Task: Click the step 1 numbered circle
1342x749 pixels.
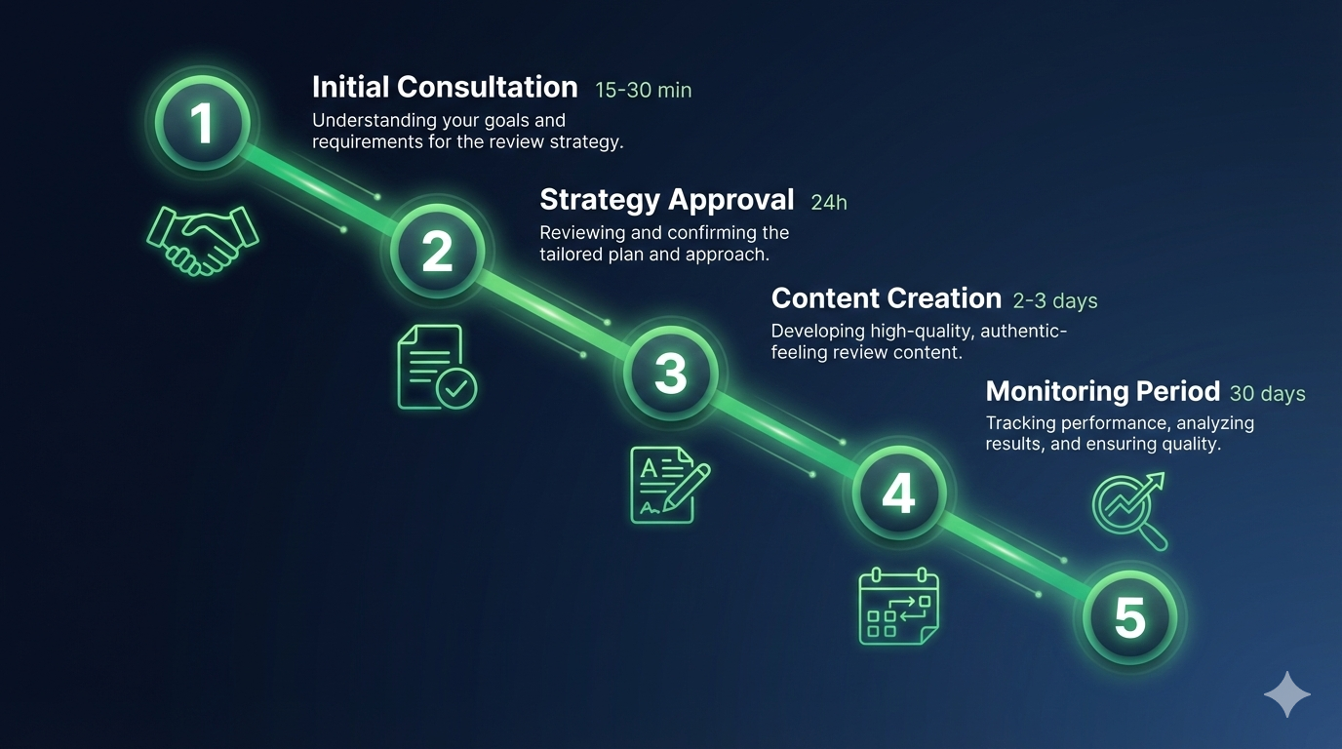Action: point(202,124)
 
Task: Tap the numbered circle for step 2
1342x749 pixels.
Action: point(437,251)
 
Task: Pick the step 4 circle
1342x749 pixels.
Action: point(898,493)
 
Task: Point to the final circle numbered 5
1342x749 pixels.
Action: point(1129,617)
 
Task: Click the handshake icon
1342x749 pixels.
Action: point(202,239)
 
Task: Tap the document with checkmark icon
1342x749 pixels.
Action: point(436,367)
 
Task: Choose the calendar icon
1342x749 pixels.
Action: point(898,606)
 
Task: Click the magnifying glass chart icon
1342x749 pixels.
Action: point(1130,509)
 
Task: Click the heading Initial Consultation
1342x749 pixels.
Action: point(445,87)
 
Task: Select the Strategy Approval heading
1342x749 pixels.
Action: point(667,200)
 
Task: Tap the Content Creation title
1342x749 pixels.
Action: point(886,298)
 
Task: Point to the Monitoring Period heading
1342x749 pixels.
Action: point(1102,392)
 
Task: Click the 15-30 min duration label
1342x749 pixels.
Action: point(643,91)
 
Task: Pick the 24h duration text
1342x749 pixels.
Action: point(829,203)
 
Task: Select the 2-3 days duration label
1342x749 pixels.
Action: point(1055,301)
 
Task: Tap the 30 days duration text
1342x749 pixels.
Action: point(1267,394)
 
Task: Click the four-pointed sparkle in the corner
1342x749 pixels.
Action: point(1286,694)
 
